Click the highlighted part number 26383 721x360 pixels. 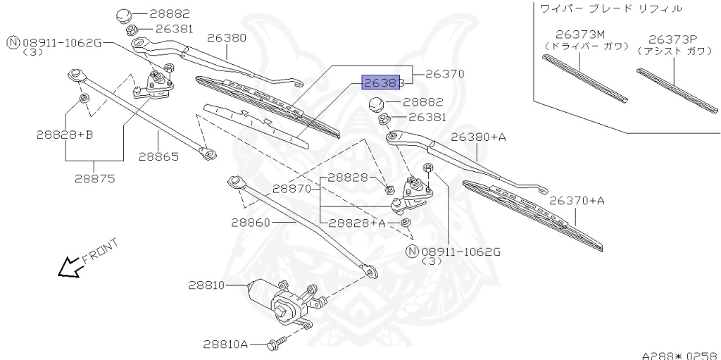[382, 82]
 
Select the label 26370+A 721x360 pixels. [577, 201]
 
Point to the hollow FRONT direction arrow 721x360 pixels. [69, 266]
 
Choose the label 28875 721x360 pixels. [95, 178]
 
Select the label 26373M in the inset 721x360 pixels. [580, 34]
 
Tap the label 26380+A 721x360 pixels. [479, 137]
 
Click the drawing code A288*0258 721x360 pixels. [679, 354]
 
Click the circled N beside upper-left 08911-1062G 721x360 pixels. [13, 43]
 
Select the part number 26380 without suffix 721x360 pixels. [227, 37]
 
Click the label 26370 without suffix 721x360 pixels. [446, 73]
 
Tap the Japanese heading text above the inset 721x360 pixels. [610, 8]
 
